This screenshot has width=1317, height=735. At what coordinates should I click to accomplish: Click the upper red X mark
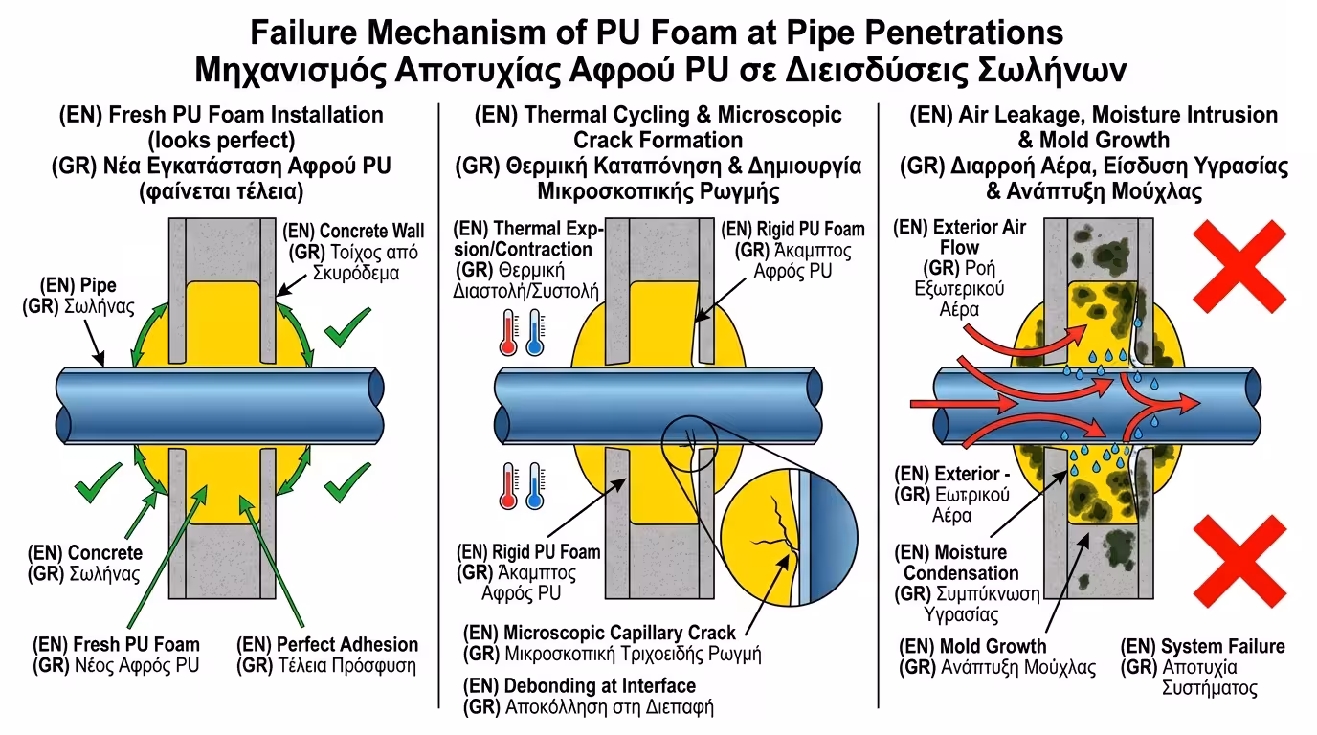click(1239, 260)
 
